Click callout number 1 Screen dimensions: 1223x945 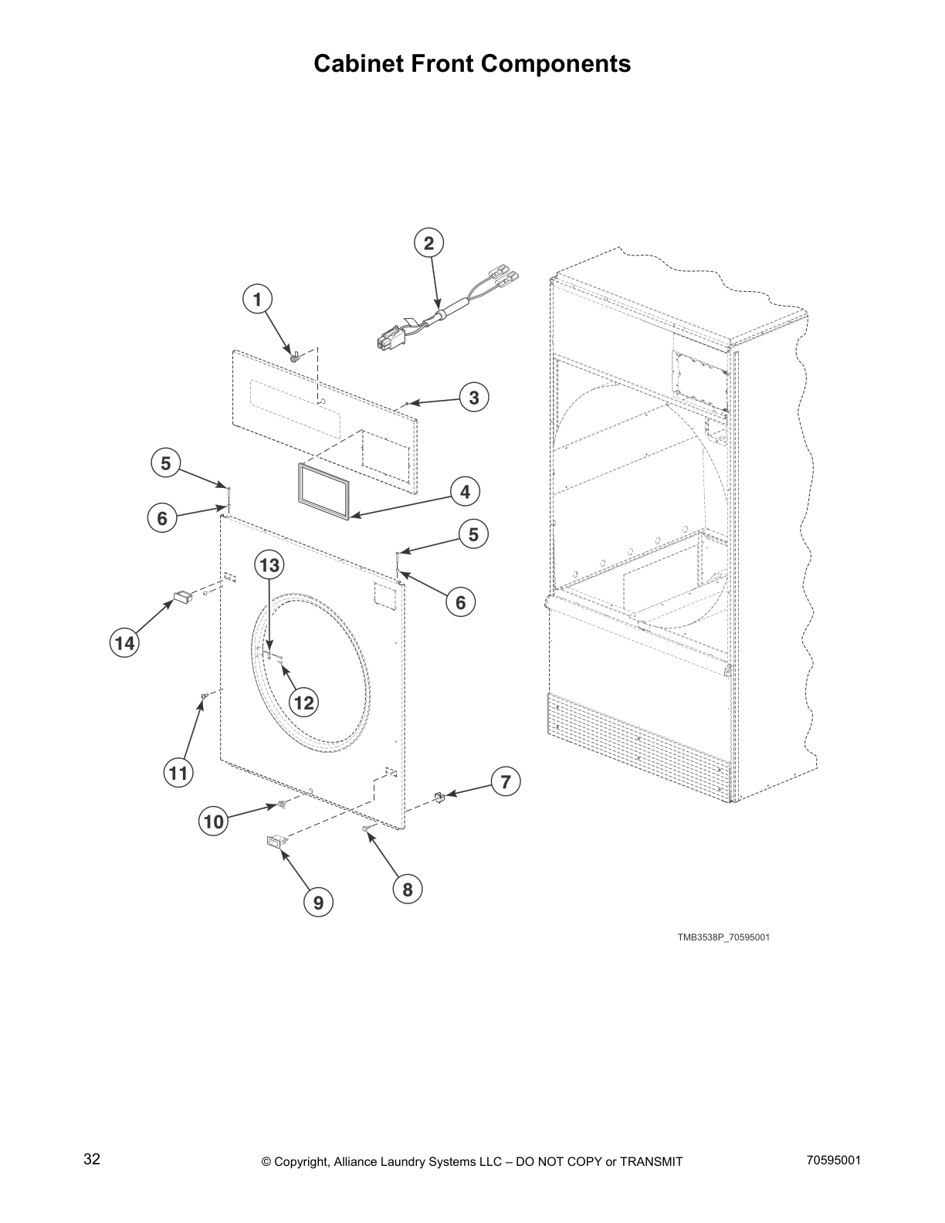[258, 299]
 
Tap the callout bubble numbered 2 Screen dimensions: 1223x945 [428, 243]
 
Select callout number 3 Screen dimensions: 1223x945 [474, 398]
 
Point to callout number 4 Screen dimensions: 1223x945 [465, 492]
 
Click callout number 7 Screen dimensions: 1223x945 [505, 782]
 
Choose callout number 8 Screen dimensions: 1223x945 [408, 889]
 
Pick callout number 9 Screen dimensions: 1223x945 [318, 901]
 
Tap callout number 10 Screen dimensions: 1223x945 [213, 822]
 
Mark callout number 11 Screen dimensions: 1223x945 [178, 773]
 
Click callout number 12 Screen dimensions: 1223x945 [304, 702]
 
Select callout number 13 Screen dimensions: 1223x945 [269, 566]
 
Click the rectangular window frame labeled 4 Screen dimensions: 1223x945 [323, 491]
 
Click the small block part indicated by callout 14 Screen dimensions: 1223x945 [182, 596]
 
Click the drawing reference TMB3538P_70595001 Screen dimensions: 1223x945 [723, 937]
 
